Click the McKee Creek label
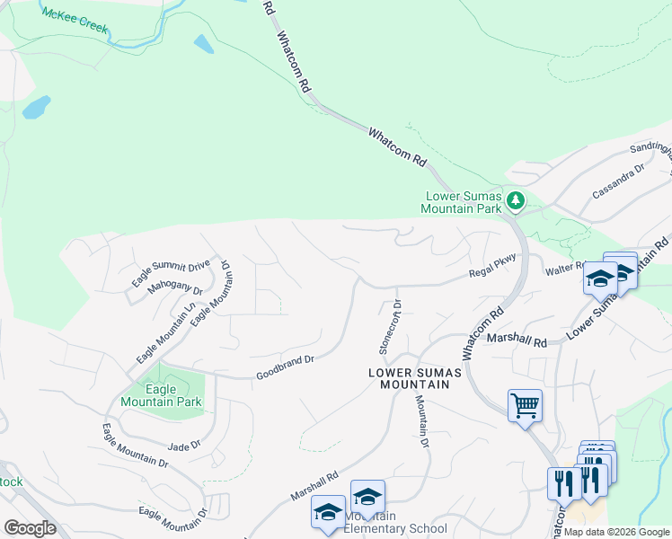(x=75, y=20)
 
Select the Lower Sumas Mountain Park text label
(x=463, y=202)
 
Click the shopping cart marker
(x=525, y=405)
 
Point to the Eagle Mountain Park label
(x=173, y=395)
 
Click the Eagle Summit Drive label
(x=170, y=271)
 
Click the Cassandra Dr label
(x=619, y=181)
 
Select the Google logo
(x=30, y=527)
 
